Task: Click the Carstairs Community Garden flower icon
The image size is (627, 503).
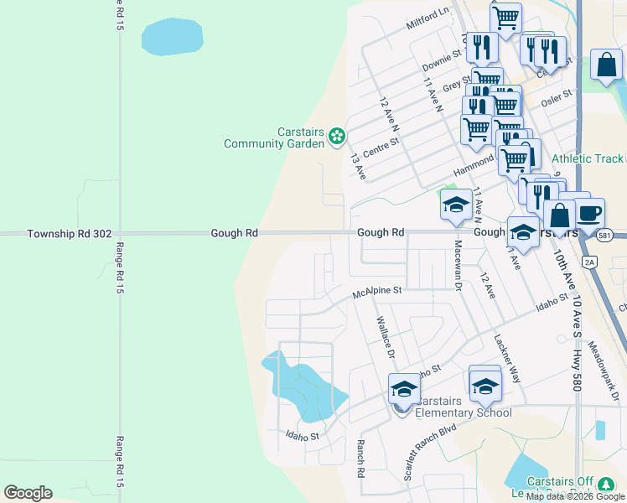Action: [x=336, y=135]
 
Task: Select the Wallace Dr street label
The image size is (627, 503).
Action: [x=385, y=335]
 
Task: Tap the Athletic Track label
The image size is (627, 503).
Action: [x=588, y=158]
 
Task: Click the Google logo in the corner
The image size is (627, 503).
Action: [x=28, y=493]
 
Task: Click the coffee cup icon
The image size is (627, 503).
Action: [x=588, y=212]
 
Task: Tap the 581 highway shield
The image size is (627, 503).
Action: [x=604, y=236]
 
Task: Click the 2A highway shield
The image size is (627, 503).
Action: [x=589, y=262]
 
